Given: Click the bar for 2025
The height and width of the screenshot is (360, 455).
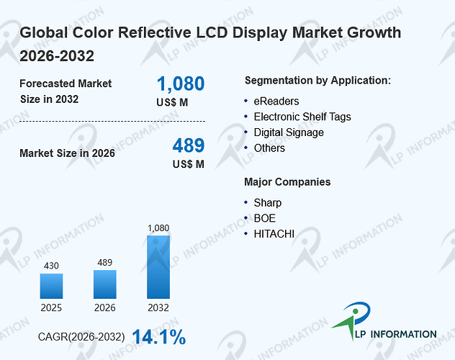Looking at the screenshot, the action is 51,286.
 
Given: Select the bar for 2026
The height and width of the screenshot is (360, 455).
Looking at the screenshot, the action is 105,284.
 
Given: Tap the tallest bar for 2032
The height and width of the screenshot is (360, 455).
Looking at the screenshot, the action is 158,267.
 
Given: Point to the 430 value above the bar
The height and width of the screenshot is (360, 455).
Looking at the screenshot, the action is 51,266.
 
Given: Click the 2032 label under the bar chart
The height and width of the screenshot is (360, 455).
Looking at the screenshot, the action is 158,307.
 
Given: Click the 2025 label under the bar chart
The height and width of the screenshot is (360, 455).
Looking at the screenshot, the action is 51,307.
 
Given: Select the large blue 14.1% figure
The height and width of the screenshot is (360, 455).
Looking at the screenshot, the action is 159,337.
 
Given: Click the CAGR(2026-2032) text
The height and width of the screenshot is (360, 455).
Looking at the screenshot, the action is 81,337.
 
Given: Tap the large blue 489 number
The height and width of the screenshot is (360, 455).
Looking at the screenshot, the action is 189,145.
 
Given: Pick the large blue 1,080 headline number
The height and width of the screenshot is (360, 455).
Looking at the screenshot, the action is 181,84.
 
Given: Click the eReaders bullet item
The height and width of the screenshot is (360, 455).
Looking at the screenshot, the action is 276,102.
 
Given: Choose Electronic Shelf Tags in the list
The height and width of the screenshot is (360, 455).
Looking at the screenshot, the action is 302,117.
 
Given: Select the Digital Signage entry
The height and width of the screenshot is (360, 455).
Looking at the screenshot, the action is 289,132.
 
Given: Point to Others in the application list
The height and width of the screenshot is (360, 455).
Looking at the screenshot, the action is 269,148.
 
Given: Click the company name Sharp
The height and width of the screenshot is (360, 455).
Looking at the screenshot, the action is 268,203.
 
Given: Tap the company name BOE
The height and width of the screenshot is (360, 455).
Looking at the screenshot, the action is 265,218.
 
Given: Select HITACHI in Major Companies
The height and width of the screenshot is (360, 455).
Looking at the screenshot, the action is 274,234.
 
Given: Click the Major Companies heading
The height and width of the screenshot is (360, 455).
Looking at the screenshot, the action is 287,182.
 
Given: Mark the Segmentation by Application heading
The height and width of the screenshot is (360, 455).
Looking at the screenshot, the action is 317,81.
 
